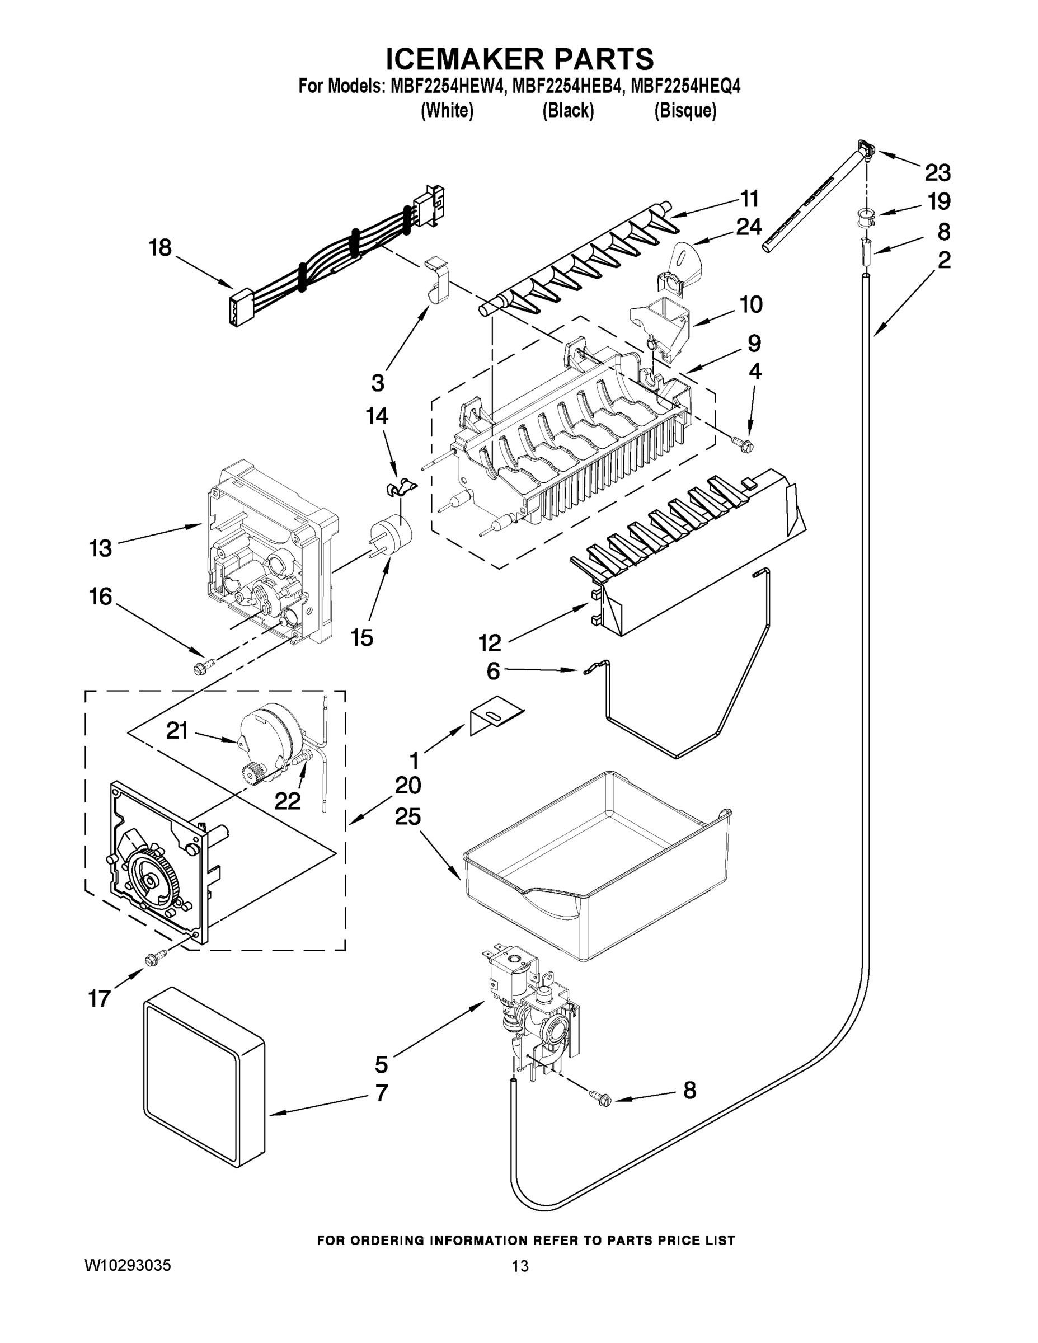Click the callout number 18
pyautogui.click(x=160, y=248)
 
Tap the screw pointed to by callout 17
pyautogui.click(x=155, y=958)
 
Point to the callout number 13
pyautogui.click(x=100, y=547)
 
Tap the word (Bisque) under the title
pyautogui.click(x=685, y=111)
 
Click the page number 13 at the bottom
pyautogui.click(x=520, y=1266)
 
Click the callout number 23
pyautogui.click(x=937, y=173)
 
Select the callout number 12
pyautogui.click(x=490, y=643)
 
